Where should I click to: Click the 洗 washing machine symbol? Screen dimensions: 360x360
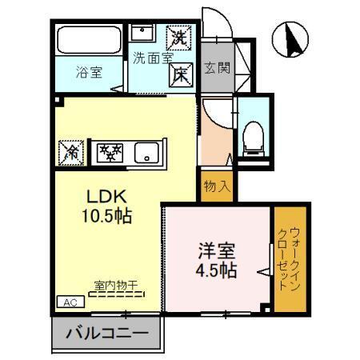[x=178, y=37]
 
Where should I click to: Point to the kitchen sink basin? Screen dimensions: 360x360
[x=146, y=152]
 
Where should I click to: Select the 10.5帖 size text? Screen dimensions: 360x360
[x=105, y=216]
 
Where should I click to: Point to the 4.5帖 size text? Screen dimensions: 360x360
[x=217, y=270]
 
